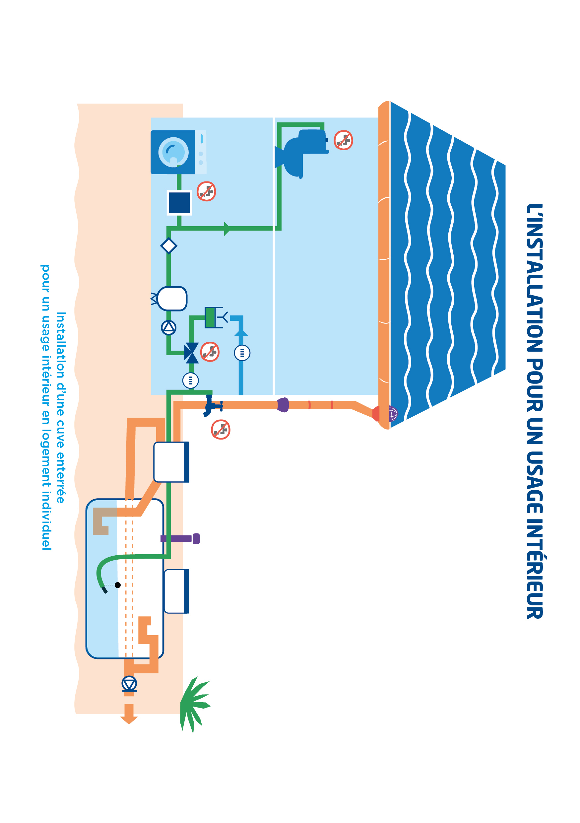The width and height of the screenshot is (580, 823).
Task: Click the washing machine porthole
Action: click(x=173, y=152)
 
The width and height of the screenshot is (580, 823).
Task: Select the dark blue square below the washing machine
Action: click(x=179, y=203)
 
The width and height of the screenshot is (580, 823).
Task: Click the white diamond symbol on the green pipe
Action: click(x=168, y=246)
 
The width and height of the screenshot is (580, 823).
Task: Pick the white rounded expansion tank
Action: click(x=172, y=298)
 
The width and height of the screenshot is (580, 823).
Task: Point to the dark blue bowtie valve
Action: click(x=191, y=353)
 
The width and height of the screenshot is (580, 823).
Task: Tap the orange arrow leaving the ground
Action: click(x=129, y=713)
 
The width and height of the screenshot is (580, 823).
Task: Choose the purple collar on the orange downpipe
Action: click(x=283, y=405)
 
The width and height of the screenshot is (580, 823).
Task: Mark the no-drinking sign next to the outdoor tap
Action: click(x=220, y=430)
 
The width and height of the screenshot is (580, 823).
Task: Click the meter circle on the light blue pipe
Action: click(x=242, y=353)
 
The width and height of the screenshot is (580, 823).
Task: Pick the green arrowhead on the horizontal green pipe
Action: click(x=227, y=228)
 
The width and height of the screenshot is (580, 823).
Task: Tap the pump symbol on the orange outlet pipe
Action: click(x=129, y=684)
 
